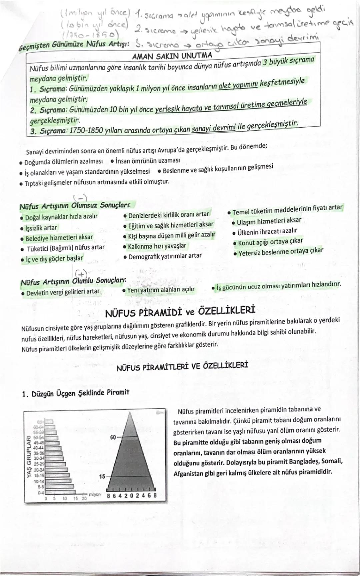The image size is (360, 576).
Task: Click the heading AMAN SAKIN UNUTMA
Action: (x=172, y=56)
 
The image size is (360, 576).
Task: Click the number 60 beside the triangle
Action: (x=113, y=437)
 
